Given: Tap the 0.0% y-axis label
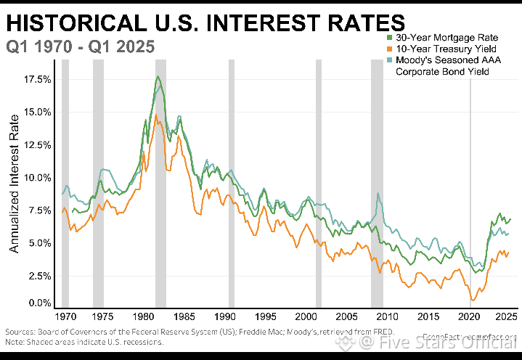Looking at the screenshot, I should (x=39, y=303).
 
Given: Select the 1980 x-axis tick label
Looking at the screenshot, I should (x=142, y=317).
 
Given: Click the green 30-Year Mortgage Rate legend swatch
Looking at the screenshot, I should (x=390, y=36).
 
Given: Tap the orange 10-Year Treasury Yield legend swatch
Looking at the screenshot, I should (x=390, y=48).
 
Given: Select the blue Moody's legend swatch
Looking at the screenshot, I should (x=390, y=60).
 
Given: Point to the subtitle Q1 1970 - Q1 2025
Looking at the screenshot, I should (x=80, y=47).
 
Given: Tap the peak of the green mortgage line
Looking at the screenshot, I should (x=158, y=76).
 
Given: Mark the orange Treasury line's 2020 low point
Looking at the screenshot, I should (x=473, y=300).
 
